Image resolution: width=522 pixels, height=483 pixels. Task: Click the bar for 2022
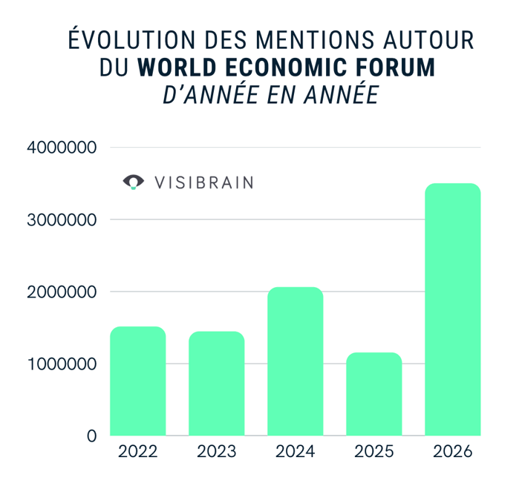(x=137, y=381)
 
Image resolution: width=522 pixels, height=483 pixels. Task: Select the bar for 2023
(x=216, y=384)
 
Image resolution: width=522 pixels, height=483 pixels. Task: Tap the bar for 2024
(x=295, y=361)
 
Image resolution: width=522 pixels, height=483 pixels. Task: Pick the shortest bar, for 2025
(x=374, y=394)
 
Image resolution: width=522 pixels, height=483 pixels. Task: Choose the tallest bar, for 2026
(x=453, y=309)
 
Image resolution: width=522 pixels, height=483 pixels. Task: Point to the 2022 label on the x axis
(x=137, y=451)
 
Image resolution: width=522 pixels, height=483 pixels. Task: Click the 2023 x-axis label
(x=216, y=451)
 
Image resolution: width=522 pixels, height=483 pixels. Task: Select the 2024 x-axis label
(x=295, y=451)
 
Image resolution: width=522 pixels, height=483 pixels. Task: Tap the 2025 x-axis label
(x=374, y=451)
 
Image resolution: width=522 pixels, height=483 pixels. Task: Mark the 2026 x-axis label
(x=453, y=451)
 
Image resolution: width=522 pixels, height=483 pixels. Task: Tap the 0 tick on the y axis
(x=91, y=436)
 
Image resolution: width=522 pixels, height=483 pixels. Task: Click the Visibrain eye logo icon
(x=134, y=182)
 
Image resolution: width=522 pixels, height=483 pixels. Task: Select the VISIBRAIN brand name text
(x=203, y=183)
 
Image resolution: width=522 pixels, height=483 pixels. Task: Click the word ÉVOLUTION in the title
(x=129, y=39)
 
